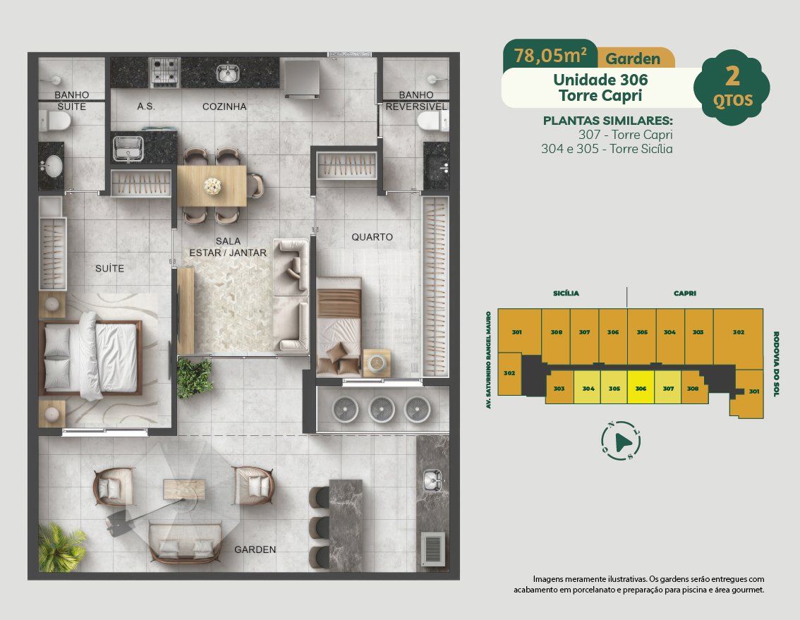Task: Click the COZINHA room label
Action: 224,107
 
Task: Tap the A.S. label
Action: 146,107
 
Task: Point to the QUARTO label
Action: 372,237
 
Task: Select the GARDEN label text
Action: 255,549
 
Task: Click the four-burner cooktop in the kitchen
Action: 164,72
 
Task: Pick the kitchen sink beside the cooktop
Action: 228,73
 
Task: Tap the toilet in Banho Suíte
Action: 55,121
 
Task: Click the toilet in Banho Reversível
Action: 432,121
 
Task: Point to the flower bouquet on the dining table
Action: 212,186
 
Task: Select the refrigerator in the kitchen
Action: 301,78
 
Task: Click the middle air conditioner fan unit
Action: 381,409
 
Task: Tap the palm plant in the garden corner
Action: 61,547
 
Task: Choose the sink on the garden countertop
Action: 432,480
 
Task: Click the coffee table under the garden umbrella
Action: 184,490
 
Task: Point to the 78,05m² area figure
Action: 550,55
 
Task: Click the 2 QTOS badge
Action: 732,87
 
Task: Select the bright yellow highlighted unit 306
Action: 641,387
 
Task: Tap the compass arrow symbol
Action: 621,441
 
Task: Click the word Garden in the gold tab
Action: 633,59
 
